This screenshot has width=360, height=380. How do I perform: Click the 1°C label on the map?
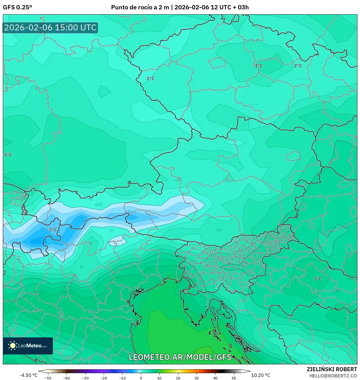(150, 78)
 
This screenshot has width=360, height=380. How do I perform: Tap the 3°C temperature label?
(259, 66)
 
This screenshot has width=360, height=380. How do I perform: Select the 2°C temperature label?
(298, 66)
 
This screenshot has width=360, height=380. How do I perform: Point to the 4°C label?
(8, 155)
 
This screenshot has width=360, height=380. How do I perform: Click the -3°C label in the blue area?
(52, 229)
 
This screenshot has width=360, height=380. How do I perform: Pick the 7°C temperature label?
(318, 279)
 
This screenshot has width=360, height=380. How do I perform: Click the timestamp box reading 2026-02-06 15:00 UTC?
(50, 28)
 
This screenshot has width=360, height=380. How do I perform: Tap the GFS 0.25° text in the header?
(17, 7)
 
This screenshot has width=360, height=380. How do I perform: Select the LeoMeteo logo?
(28, 346)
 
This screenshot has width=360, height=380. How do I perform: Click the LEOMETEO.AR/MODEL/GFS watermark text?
(180, 357)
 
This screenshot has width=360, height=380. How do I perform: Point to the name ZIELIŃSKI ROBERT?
(332, 369)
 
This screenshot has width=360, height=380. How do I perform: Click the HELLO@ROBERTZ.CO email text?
(333, 376)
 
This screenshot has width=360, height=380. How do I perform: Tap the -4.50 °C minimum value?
(28, 375)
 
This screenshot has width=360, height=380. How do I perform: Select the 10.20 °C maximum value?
(261, 375)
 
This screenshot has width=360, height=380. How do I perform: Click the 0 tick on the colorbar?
(141, 378)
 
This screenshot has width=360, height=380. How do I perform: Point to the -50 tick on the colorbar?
(48, 378)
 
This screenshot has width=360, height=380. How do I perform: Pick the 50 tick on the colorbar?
(234, 378)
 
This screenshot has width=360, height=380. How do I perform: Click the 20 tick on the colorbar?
(178, 378)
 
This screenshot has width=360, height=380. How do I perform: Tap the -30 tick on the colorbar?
(85, 378)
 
